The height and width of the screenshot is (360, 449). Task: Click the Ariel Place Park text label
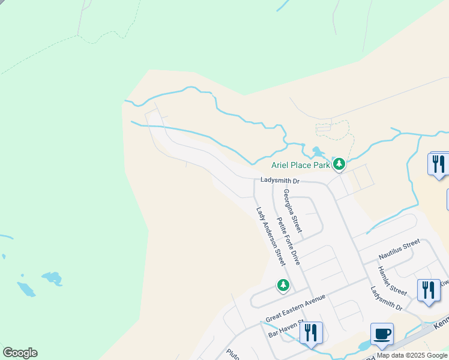point(301,164)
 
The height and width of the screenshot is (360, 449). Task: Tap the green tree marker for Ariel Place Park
point(339,163)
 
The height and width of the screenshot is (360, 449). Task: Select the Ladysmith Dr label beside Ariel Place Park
point(280,181)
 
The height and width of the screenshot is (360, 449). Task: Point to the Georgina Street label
point(293,211)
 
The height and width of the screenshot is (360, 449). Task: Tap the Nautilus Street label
point(399,249)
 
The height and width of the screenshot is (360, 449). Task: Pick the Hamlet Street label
point(393,279)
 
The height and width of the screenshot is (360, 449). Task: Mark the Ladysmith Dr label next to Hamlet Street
point(386,298)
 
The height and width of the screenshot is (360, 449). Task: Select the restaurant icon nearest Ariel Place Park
point(438,164)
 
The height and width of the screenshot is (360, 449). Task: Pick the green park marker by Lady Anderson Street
point(283,285)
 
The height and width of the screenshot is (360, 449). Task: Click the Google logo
point(20,353)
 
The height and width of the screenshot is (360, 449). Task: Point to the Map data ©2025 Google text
point(412,356)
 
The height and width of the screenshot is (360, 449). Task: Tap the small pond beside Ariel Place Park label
point(316,152)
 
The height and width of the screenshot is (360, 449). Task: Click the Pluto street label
point(233,354)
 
